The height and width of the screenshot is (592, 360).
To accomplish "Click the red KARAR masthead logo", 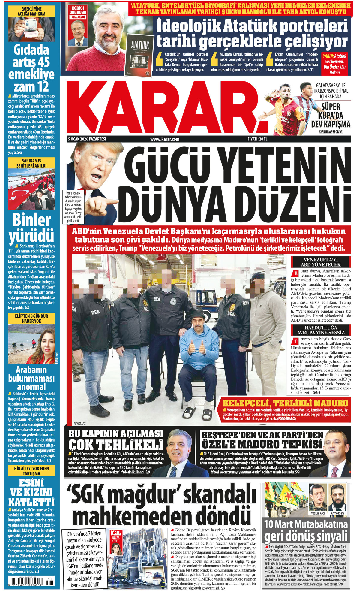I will [x=163, y=108].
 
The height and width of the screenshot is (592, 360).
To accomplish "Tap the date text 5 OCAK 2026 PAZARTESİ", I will [x=87, y=139].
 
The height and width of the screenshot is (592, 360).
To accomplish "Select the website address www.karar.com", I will [x=165, y=139].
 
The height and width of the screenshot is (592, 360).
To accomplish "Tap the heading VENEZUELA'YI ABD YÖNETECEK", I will [x=321, y=262].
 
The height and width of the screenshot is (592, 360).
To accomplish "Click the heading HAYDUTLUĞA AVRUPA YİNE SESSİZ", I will [x=321, y=330].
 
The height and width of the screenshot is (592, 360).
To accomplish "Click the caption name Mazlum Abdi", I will [x=318, y=513].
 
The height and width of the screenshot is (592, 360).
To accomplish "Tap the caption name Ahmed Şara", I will [x=337, y=513].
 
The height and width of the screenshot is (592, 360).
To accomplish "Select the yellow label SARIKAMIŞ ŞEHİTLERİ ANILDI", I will [x=31, y=163].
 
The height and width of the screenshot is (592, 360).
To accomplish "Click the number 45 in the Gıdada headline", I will [x=44, y=62].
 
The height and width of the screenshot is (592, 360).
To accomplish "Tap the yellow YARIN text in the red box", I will [x=328, y=56].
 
